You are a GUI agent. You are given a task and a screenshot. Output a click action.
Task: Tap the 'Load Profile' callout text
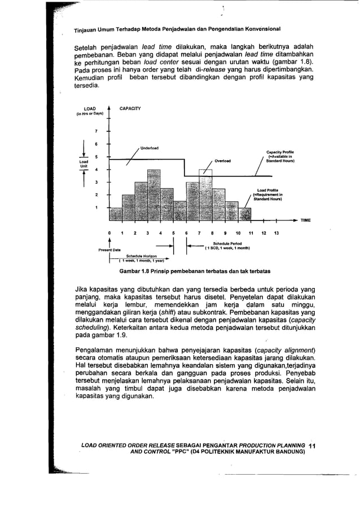268,190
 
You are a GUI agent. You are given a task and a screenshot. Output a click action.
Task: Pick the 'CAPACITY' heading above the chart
130,108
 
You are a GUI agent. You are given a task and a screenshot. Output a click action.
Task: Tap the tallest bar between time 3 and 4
154,195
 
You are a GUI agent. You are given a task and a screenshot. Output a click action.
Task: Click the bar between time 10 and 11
244,214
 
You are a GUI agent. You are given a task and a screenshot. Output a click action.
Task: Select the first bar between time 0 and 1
116,214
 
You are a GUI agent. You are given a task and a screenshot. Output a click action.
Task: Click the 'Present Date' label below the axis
109,250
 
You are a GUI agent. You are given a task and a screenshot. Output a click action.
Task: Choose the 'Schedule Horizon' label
141,255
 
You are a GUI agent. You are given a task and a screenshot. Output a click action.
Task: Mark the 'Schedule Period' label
227,244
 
